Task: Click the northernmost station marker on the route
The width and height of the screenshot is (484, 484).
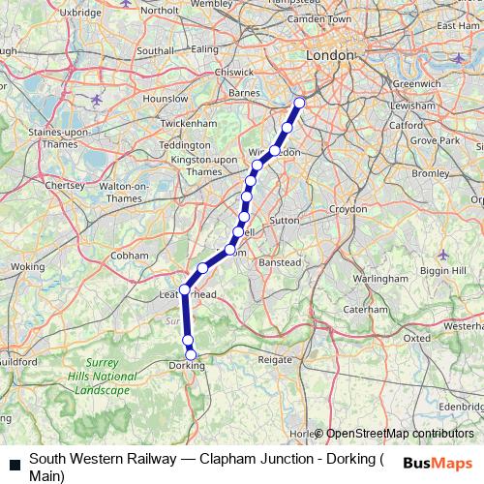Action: click(299, 103)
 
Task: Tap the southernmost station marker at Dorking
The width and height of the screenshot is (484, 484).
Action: click(191, 354)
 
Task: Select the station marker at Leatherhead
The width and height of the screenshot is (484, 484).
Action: click(184, 288)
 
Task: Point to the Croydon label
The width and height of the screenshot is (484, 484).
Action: click(347, 209)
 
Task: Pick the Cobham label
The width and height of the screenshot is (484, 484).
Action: click(129, 256)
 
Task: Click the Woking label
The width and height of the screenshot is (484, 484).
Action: click(27, 266)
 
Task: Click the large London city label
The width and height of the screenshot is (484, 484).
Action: click(330, 56)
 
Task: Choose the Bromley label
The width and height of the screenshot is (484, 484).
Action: click(431, 173)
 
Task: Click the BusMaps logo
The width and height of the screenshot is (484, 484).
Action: click(438, 463)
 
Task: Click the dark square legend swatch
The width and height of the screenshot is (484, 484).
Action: click(14, 465)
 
